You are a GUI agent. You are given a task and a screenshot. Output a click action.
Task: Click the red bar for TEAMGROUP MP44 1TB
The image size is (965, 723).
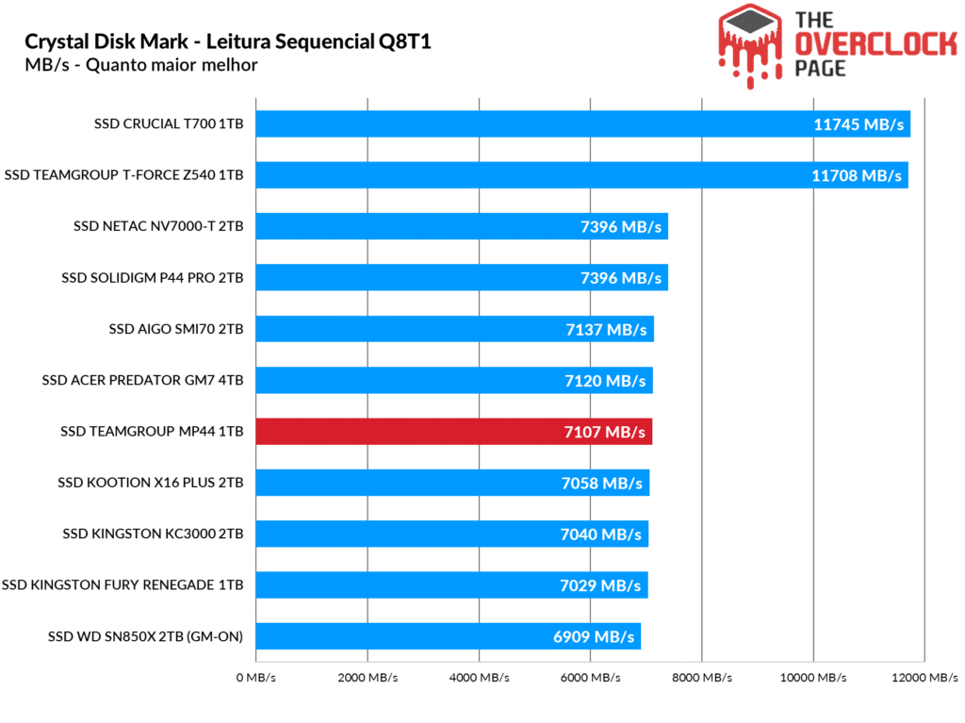coord(453,432)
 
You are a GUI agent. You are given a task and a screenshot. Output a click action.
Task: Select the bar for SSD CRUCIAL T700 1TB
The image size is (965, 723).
coord(582,123)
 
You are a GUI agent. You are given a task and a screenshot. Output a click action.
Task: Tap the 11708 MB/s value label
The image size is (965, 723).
coord(858,175)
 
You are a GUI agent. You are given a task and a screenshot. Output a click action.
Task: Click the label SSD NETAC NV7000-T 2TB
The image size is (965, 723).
coord(158,226)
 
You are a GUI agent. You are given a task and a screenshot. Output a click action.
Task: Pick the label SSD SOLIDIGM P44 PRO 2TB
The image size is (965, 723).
coord(152,277)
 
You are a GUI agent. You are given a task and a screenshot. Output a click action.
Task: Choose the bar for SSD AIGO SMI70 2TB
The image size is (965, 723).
coord(454,329)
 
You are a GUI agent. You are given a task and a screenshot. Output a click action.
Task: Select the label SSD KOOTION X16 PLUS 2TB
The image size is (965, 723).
coord(151,483)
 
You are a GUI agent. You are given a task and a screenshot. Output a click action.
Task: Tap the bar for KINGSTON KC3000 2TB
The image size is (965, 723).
coord(451,534)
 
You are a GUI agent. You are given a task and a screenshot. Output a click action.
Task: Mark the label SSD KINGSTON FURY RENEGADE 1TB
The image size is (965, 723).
coord(123,585)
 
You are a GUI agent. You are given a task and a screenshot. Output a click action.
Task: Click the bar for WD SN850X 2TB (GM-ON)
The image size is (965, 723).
coord(448,636)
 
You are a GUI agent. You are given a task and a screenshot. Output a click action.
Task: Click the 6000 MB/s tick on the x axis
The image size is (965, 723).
coord(591,678)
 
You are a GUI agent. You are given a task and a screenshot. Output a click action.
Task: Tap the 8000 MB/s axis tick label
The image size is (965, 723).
coord(702,678)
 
